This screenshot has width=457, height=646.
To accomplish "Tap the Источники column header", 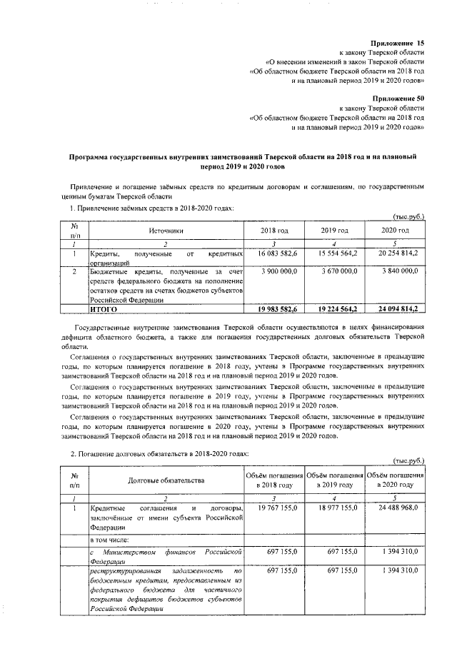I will [x=166, y=231].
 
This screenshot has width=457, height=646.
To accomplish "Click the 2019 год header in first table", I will [x=334, y=231].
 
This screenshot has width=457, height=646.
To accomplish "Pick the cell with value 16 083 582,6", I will [x=274, y=253].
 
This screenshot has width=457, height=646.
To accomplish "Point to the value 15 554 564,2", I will [x=334, y=253].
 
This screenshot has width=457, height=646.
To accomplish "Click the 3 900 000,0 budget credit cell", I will [x=274, y=272].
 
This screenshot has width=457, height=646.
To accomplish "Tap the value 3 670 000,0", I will [x=334, y=272].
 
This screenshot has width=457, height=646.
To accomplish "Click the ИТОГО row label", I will [x=103, y=309].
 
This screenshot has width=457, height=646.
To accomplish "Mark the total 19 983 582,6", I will [x=274, y=309].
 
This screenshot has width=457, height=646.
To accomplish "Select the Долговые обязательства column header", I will [x=166, y=481].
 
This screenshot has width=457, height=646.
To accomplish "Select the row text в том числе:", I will [x=110, y=540].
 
